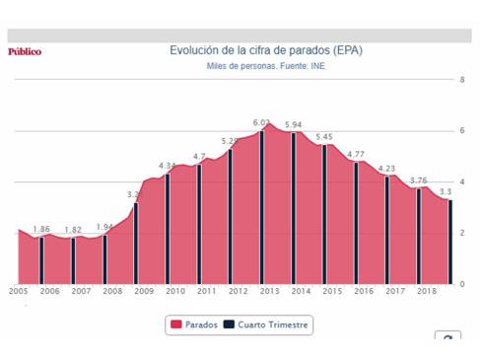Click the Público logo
point(25,51)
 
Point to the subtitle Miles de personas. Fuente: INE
point(265,66)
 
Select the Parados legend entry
point(195,324)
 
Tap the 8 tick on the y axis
point(461,80)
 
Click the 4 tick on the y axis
point(461,182)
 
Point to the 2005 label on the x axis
point(18,292)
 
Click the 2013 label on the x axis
point(270,292)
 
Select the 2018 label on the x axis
point(427,292)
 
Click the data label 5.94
point(293,124)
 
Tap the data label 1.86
point(41,229)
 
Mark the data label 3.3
point(446,191)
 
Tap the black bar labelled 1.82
point(73,260)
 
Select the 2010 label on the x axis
point(175,292)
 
